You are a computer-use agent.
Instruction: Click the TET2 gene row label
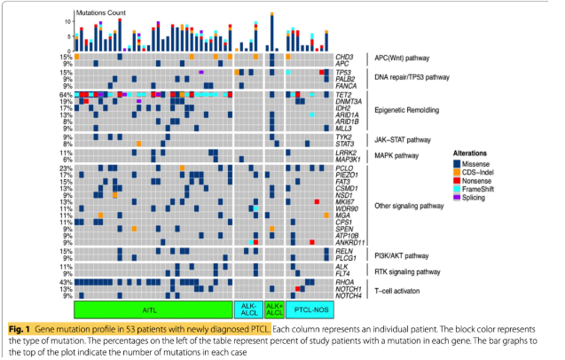pos(344,93)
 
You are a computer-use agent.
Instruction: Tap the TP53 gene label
pos(344,72)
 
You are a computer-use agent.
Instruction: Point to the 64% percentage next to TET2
pos(65,93)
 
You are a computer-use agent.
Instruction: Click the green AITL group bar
pos(152,309)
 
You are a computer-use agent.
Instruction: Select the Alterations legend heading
pos(475,153)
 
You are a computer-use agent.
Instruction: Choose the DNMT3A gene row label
pos(348,100)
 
